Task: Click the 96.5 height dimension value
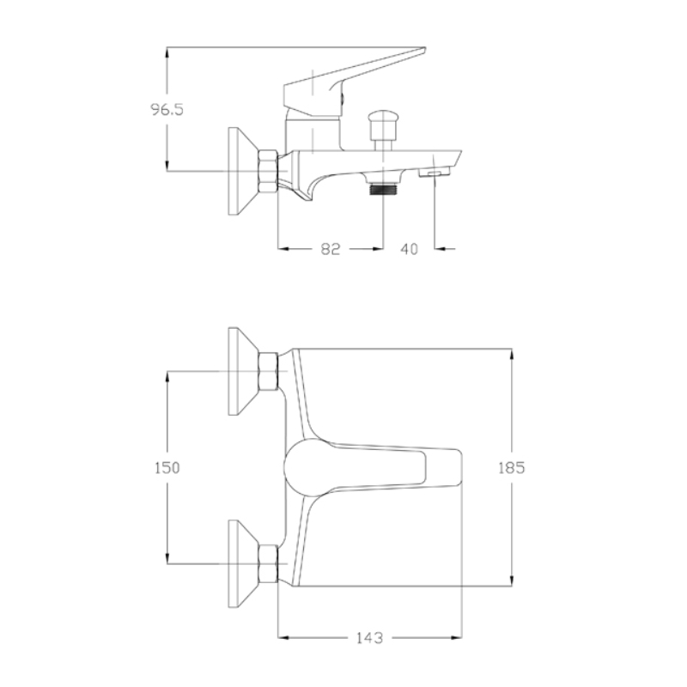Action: tap(167, 109)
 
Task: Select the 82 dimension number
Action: tap(331, 249)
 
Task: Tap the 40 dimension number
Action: tap(410, 249)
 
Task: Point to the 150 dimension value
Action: tap(167, 468)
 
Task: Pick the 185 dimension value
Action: tap(511, 468)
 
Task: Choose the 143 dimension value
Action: tap(369, 638)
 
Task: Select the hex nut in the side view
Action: tap(268, 171)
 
